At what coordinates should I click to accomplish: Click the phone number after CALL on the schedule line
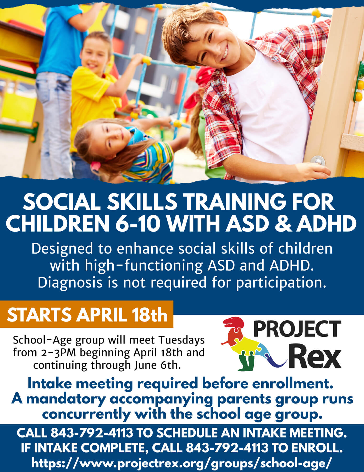coord(92,433)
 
